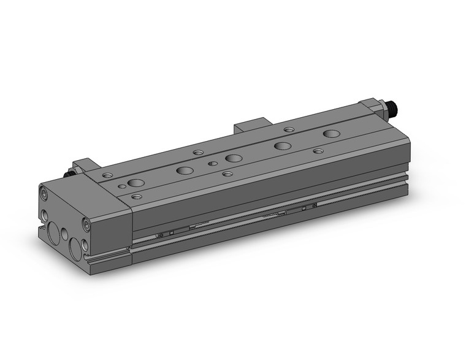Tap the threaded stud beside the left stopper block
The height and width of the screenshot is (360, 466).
69,174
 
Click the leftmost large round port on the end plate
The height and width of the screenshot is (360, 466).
55,233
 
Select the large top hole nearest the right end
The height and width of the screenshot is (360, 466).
332,133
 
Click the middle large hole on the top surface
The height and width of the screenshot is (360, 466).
233,158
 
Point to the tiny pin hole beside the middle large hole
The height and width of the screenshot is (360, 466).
212,164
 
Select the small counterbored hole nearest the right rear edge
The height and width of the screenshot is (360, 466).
289,129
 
